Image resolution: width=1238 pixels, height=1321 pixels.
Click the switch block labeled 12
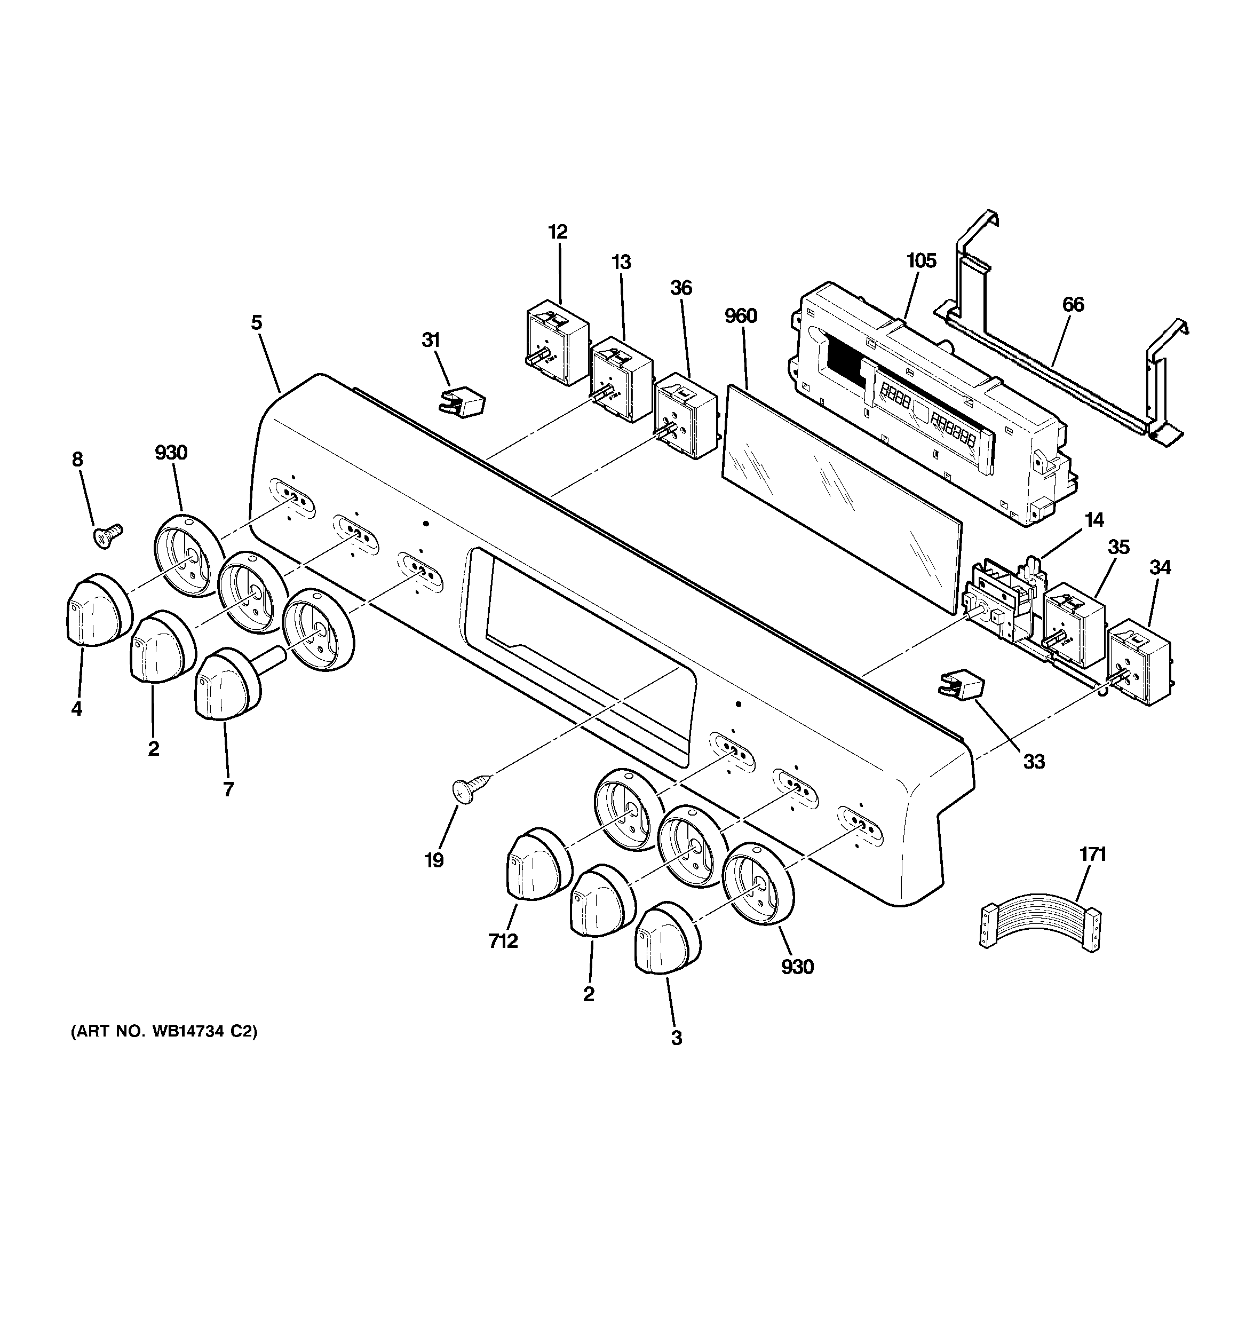(x=556, y=342)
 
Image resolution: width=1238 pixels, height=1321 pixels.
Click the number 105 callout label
(x=921, y=261)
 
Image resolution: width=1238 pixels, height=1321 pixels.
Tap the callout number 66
(x=1073, y=305)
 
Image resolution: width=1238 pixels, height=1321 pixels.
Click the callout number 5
(x=257, y=323)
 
